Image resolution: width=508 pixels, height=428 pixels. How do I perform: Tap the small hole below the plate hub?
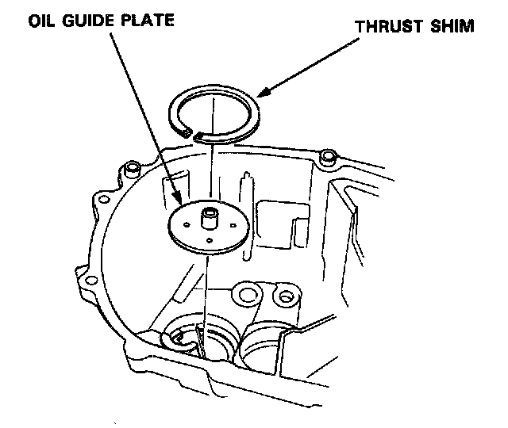coord(207,240)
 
